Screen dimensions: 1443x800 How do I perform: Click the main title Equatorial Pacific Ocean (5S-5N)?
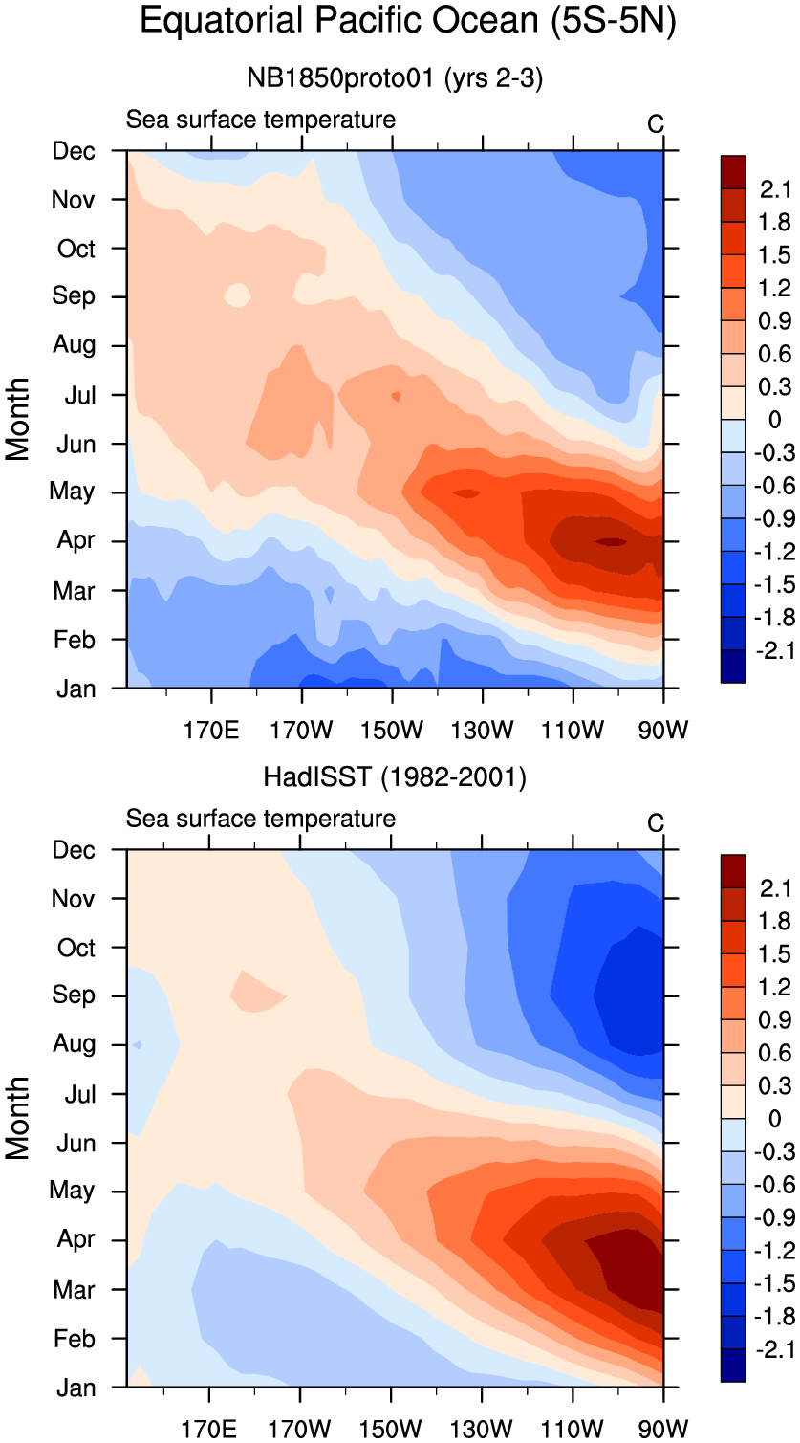pyautogui.click(x=408, y=21)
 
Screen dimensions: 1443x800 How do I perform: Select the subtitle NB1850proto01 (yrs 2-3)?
pyautogui.click(x=395, y=79)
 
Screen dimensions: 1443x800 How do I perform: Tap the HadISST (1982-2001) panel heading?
pyautogui.click(x=395, y=778)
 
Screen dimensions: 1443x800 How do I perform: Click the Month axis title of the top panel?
pyautogui.click(x=19, y=419)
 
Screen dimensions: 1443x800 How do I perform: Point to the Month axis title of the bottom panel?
pyautogui.click(x=19, y=1118)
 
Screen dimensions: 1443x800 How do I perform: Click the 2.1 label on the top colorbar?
pyautogui.click(x=775, y=189)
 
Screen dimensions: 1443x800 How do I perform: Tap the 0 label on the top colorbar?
pyautogui.click(x=774, y=420)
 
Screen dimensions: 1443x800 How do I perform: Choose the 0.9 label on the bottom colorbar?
pyautogui.click(x=775, y=1020)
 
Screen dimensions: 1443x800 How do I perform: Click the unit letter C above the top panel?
pyautogui.click(x=656, y=124)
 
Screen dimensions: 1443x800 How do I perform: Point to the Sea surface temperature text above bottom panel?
pyautogui.click(x=261, y=819)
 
